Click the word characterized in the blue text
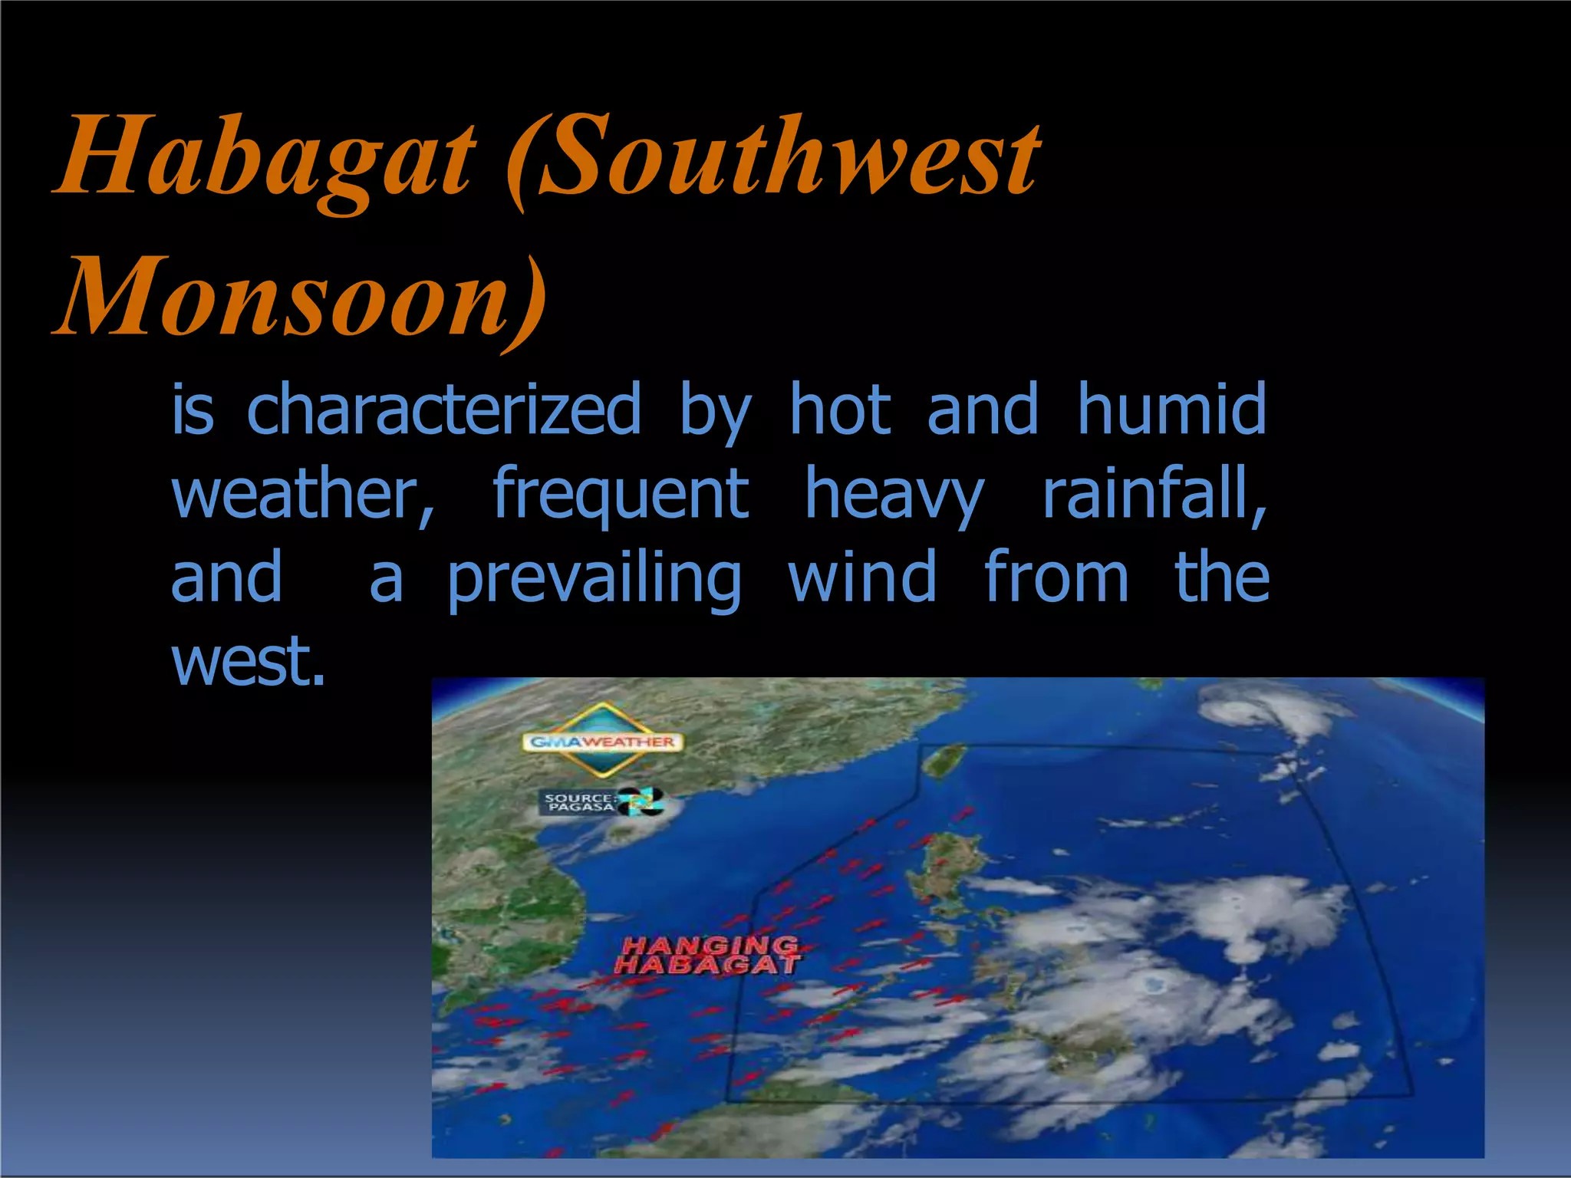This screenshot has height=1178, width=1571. [443, 410]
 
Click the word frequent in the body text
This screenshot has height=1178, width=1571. [620, 495]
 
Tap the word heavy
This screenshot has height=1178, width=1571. [894, 495]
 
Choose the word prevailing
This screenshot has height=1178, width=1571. [594, 579]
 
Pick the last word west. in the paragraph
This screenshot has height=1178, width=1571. [248, 661]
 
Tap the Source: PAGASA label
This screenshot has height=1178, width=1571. [579, 803]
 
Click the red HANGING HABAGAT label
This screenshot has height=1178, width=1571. [707, 956]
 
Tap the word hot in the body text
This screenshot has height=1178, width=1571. [840, 410]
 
